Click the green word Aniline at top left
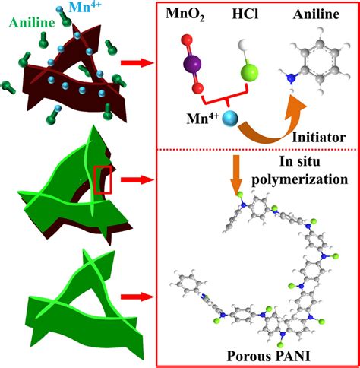click(x=32, y=23)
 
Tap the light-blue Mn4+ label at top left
click(x=85, y=7)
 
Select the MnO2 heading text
click(x=185, y=14)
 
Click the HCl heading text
click(x=245, y=14)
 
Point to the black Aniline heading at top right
click(x=316, y=14)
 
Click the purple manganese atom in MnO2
click(x=191, y=64)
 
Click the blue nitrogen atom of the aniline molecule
click(x=292, y=78)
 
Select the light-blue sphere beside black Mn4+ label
click(x=230, y=118)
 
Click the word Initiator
click(x=319, y=138)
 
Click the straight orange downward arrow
click(x=236, y=175)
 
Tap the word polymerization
click(x=300, y=179)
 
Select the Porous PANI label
click(x=268, y=356)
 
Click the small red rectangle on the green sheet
click(x=103, y=180)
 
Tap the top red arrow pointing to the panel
click(x=136, y=62)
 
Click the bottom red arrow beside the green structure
click(x=136, y=297)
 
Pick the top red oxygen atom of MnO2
click(x=187, y=40)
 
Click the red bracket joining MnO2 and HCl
click(x=226, y=100)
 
